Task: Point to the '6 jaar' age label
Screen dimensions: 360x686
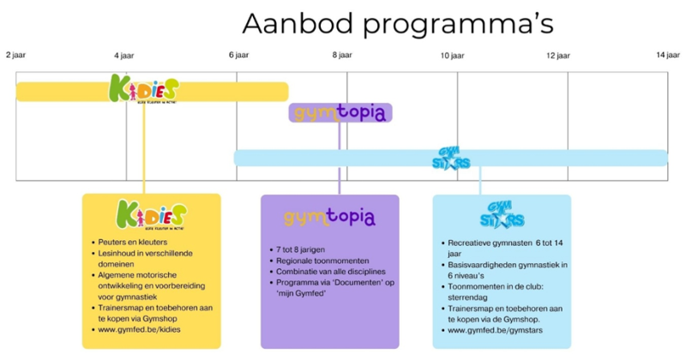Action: (x=238, y=56)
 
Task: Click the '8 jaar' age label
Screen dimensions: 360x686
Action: (x=342, y=56)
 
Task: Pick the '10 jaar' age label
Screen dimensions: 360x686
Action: (x=452, y=56)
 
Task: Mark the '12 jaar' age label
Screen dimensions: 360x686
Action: (x=557, y=56)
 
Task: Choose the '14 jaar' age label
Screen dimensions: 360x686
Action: (x=667, y=55)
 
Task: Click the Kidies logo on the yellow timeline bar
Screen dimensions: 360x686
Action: (x=144, y=90)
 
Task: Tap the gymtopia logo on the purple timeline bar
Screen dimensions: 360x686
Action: (x=340, y=113)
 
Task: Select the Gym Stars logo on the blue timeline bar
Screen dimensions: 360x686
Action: (x=451, y=159)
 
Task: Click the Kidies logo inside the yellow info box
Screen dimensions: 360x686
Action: (x=150, y=217)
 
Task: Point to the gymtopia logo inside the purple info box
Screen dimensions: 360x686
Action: (x=329, y=218)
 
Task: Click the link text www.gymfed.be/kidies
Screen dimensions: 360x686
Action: (x=140, y=328)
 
